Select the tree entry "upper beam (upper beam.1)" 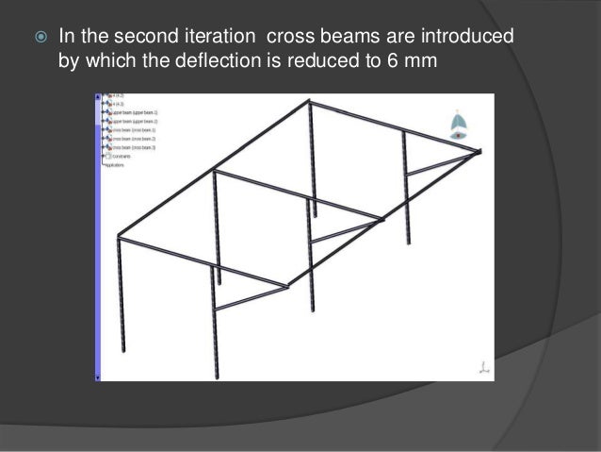click(x=133, y=113)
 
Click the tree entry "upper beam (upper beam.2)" click(x=133, y=122)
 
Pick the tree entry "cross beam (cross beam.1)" click(x=133, y=130)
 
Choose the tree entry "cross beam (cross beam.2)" click(x=133, y=139)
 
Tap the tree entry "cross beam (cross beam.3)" click(x=133, y=147)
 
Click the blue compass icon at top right click(x=457, y=126)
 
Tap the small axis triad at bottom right click(x=483, y=368)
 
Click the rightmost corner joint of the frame click(x=479, y=150)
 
